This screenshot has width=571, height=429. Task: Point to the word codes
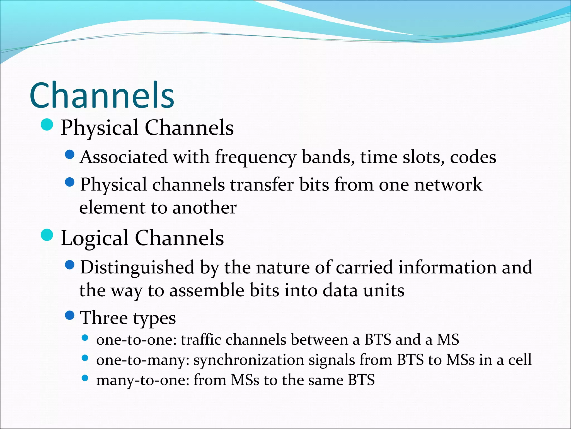[x=473, y=157]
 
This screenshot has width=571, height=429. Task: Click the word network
[x=448, y=185]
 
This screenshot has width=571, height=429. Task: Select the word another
[x=204, y=208]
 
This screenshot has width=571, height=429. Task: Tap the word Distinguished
[x=137, y=268]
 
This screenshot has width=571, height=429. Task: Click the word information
[x=447, y=267]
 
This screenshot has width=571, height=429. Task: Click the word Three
[x=104, y=318]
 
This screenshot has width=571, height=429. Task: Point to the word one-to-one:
[x=136, y=340]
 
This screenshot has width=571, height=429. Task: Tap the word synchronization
[x=249, y=360]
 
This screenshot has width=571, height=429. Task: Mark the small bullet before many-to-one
[x=85, y=378]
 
